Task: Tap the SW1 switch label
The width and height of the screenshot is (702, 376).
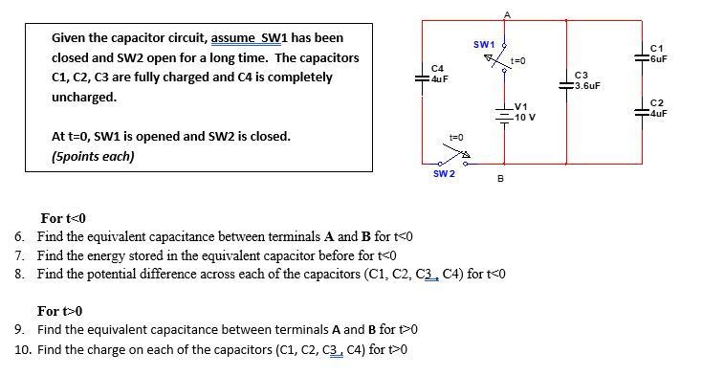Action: [483, 45]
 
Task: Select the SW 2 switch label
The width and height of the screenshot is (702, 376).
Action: [444, 173]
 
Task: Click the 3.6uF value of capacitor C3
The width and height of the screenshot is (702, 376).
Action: [588, 84]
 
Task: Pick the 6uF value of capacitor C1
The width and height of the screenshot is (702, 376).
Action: [657, 57]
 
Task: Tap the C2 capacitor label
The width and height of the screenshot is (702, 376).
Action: [655, 103]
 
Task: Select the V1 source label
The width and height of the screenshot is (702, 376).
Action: [521, 107]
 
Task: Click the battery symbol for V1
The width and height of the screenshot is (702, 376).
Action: [505, 111]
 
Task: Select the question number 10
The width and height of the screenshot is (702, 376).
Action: [23, 349]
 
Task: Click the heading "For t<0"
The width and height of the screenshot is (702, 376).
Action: [63, 217]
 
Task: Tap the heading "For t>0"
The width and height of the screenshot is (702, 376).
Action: [60, 311]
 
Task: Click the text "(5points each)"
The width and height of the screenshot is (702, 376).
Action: [93, 156]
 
